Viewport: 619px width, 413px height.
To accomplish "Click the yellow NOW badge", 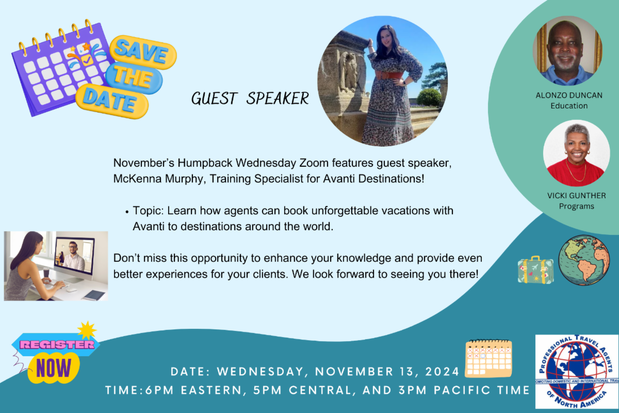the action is tap(54, 368).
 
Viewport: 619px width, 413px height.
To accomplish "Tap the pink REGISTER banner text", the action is tap(57, 345).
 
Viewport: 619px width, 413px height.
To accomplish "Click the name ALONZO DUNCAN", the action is tap(569, 96).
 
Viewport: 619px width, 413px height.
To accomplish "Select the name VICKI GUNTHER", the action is tap(577, 196).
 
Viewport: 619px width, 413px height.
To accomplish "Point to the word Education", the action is tap(569, 106).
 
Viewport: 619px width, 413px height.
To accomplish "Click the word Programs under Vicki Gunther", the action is tap(577, 206).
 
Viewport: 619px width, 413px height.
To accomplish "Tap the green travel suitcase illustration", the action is tap(535, 270).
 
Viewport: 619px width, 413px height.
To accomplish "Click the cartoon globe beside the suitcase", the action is tap(584, 260).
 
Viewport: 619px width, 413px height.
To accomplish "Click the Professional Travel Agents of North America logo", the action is tap(577, 372).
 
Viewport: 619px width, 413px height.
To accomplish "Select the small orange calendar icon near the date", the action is tap(488, 358).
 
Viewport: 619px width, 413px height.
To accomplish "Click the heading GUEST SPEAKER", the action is tap(250, 99).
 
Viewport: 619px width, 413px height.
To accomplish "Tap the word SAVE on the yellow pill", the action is tap(141, 52).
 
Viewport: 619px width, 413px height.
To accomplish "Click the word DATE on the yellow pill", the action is tap(110, 101).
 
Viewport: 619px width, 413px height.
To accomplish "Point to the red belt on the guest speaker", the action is tap(388, 75).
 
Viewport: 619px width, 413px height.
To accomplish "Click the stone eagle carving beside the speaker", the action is tap(349, 71).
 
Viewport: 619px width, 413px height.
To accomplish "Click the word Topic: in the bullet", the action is tap(149, 211).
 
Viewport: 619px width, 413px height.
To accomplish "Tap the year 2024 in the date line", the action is tap(442, 372).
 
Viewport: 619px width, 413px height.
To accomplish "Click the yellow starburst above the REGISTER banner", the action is tap(87, 330).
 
